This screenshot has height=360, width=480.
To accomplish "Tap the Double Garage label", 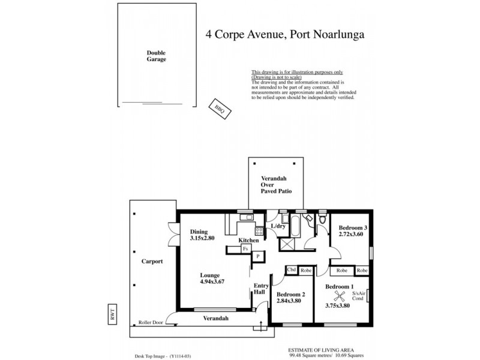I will coord(157,56).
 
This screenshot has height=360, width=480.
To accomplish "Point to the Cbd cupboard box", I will coord(292,270).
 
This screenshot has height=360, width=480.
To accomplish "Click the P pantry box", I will coord(257,256).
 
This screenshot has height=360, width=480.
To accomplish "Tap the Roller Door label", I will coord(150,322).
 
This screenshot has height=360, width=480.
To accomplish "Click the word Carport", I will coord(152,262).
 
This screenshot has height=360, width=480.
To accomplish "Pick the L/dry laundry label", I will coord(278,226).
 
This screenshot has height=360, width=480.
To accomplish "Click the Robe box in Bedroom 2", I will coord(305,270).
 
